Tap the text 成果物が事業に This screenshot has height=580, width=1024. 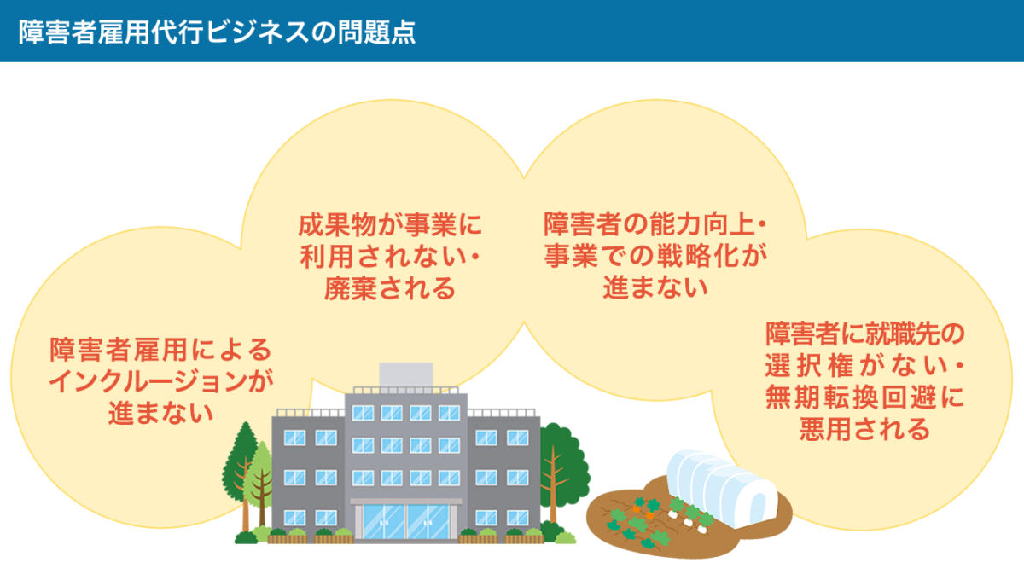pyautogui.click(x=390, y=226)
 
